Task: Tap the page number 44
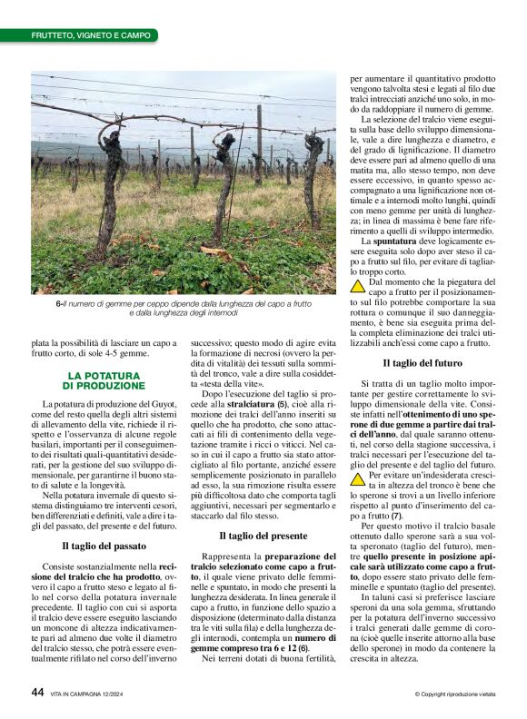(x=37, y=693)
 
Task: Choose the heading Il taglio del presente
(x=263, y=537)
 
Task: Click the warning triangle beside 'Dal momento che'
(x=358, y=284)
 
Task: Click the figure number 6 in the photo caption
(x=58, y=304)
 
